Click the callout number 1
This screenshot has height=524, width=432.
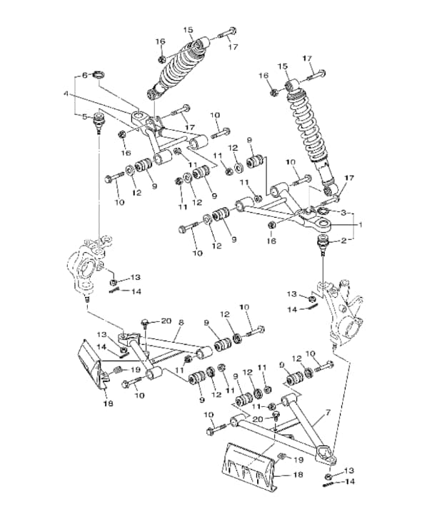point(360,224)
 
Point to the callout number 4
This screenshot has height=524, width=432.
point(66,94)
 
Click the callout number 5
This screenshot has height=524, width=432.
point(84,117)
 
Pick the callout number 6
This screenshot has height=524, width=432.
point(84,74)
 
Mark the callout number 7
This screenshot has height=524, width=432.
point(328,413)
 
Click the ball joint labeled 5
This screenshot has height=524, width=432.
point(99,121)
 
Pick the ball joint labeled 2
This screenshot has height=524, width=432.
point(325,247)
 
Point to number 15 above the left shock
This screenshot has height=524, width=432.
point(188,30)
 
